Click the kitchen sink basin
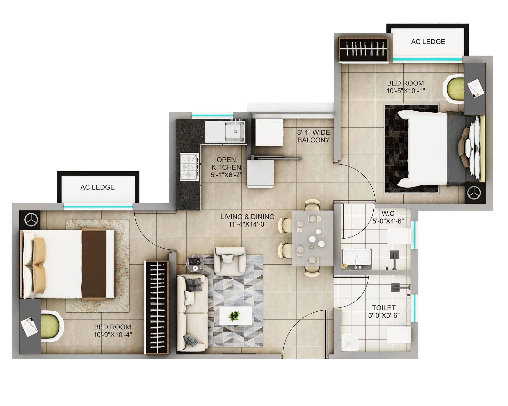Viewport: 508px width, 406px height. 235,131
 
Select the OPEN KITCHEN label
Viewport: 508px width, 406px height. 226,167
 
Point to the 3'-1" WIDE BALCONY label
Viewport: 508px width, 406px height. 314,136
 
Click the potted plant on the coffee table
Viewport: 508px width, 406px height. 234,316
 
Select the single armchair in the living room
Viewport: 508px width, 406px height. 230,261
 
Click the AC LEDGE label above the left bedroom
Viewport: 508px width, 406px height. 98,187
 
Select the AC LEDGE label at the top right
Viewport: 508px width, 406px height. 428,42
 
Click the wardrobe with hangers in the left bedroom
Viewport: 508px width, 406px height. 156,307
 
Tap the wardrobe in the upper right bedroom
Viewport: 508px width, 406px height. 363,50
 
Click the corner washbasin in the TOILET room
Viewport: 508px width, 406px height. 350,343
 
